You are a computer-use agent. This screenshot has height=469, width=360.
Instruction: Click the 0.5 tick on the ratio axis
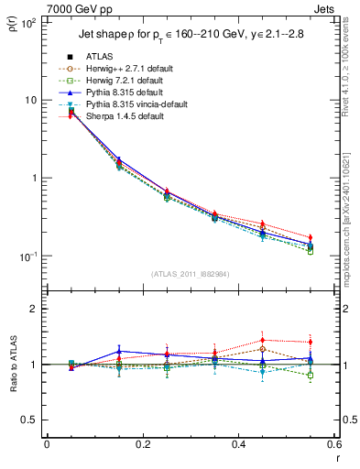tap(30, 420)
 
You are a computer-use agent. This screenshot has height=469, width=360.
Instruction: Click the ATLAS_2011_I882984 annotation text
tap(190, 274)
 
